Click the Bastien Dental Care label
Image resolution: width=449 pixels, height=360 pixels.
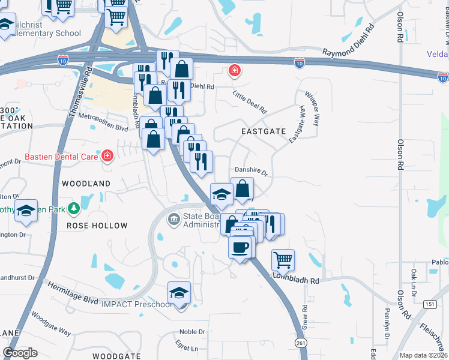click(x=61, y=157)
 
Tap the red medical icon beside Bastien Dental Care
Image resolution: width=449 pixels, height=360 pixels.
click(x=107, y=157)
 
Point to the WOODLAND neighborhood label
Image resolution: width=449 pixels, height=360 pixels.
click(x=86, y=183)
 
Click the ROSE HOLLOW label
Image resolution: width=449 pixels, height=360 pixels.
click(x=97, y=226)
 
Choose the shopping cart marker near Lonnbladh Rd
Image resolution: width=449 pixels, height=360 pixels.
click(x=283, y=260)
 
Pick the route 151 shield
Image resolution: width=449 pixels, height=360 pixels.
click(x=429, y=304)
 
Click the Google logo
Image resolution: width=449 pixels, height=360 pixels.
click(x=20, y=352)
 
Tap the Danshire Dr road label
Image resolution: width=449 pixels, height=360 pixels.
click(x=250, y=170)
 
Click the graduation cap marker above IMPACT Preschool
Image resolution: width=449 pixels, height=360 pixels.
click(x=179, y=293)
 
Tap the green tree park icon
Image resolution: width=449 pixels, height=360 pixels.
click(x=74, y=208)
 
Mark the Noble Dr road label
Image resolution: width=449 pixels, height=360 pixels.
click(x=192, y=332)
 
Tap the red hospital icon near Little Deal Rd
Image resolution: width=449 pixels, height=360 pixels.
click(x=234, y=72)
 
